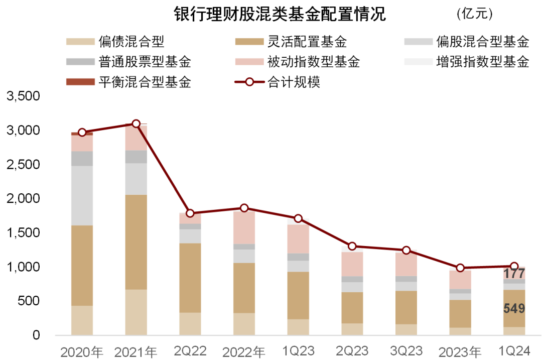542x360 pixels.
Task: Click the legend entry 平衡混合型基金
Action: (x=145, y=82)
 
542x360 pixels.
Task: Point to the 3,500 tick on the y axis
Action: (x=23, y=96)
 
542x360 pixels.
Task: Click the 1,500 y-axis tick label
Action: (x=23, y=233)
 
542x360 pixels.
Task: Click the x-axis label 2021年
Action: (x=135, y=351)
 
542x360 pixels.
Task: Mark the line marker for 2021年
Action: (x=136, y=124)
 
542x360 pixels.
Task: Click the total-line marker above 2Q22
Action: (x=190, y=213)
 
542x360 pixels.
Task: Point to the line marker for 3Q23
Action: (x=406, y=250)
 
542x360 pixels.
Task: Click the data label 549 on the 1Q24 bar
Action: (x=514, y=308)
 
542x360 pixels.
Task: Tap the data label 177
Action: (x=514, y=274)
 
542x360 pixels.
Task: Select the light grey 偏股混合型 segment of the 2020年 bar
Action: (x=82, y=195)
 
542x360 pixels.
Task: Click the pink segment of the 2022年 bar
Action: (x=244, y=227)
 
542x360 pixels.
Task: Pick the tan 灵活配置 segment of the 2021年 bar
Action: (x=136, y=242)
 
